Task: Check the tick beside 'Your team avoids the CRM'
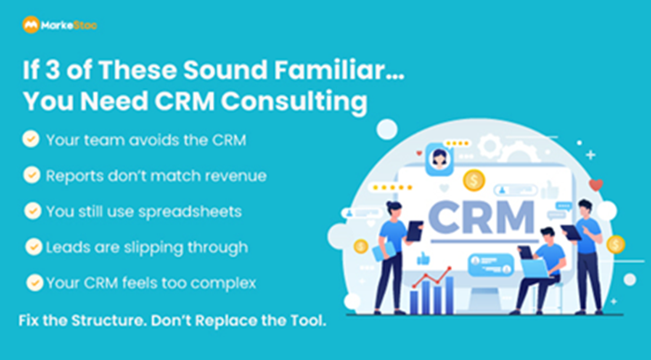(x=32, y=139)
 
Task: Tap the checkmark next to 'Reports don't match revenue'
(x=32, y=174)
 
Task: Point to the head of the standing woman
(x=392, y=209)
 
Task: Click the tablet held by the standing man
(x=570, y=233)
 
